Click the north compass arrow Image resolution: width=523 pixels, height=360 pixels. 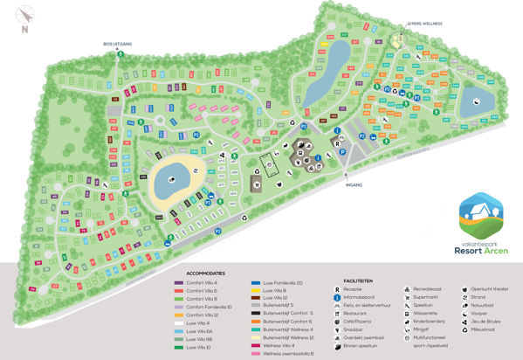24,16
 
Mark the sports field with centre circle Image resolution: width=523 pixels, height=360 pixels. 267,165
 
